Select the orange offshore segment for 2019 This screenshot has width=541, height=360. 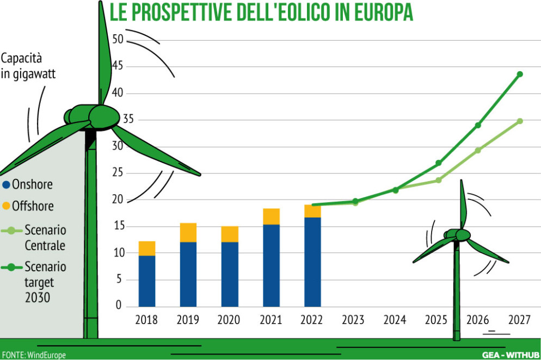(188, 232)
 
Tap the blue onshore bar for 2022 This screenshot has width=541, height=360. (312, 262)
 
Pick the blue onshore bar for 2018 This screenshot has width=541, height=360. (147, 281)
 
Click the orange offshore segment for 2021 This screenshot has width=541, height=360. (271, 216)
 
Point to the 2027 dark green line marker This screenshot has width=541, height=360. (520, 74)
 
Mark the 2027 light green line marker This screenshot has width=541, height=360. (520, 121)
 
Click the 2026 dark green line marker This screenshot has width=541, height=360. (478, 125)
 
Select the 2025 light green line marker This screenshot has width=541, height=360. (438, 180)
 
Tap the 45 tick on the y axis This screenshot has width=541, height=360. (118, 66)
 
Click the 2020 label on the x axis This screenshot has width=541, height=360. (229, 320)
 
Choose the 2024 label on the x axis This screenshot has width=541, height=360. (395, 320)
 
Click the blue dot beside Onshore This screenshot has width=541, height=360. (7, 184)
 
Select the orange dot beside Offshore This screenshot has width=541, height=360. (7, 206)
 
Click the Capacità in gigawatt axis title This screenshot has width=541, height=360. (28, 66)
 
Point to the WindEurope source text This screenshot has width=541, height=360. (46, 355)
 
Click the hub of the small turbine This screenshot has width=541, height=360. (462, 235)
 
